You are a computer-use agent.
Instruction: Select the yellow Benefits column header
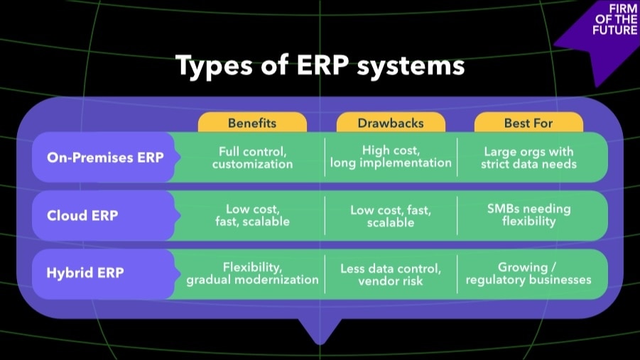(x=252, y=123)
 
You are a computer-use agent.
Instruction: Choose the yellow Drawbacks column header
(x=390, y=123)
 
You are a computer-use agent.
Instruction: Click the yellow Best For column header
(x=528, y=123)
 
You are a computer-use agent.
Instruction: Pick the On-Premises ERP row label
(x=105, y=158)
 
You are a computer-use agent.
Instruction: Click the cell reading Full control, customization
(x=252, y=158)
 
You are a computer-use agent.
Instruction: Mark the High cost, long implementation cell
(x=391, y=157)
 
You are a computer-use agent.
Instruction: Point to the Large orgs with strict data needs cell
(x=528, y=158)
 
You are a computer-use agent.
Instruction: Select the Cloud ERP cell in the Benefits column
(x=252, y=216)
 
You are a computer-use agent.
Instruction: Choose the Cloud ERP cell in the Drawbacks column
(x=391, y=216)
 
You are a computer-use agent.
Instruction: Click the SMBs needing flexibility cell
(x=528, y=215)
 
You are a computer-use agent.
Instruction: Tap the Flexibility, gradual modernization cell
(x=252, y=273)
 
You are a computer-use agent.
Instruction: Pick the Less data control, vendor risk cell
(x=391, y=273)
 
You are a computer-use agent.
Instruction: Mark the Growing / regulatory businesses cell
(x=528, y=273)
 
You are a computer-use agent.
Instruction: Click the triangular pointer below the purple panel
(x=319, y=329)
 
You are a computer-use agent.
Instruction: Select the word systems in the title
(x=409, y=66)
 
